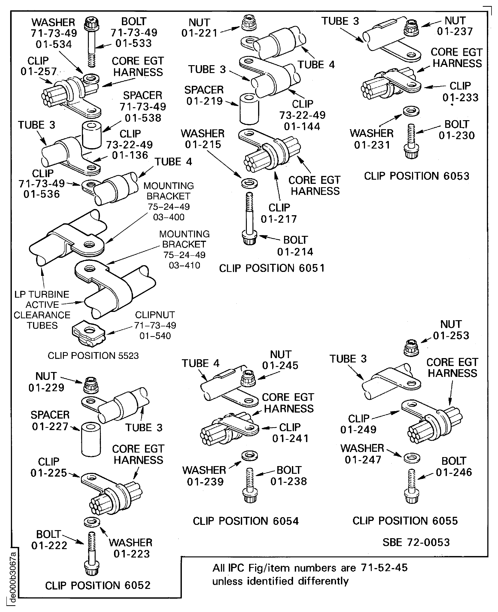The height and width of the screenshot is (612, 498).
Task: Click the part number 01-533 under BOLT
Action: (x=133, y=43)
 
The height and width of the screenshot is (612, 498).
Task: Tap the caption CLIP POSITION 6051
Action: (x=272, y=268)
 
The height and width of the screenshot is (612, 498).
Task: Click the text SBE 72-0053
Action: (x=416, y=542)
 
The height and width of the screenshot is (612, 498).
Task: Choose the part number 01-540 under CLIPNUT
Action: (x=155, y=336)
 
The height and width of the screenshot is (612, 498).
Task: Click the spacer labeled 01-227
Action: (x=91, y=439)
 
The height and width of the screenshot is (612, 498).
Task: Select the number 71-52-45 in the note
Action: (x=384, y=567)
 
